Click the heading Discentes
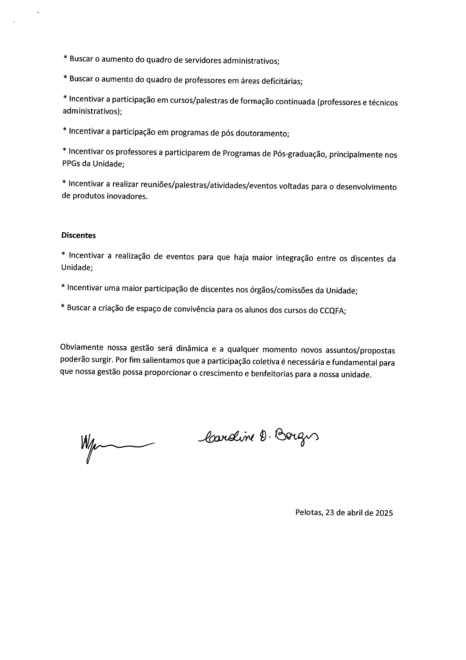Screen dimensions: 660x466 (79, 235)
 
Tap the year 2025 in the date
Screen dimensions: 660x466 (384, 513)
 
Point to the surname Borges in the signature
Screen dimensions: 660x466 (297, 437)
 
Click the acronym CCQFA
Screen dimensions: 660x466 (332, 311)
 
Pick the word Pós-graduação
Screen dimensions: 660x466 (299, 154)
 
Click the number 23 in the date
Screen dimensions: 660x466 (330, 513)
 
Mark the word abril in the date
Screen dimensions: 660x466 (355, 513)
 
